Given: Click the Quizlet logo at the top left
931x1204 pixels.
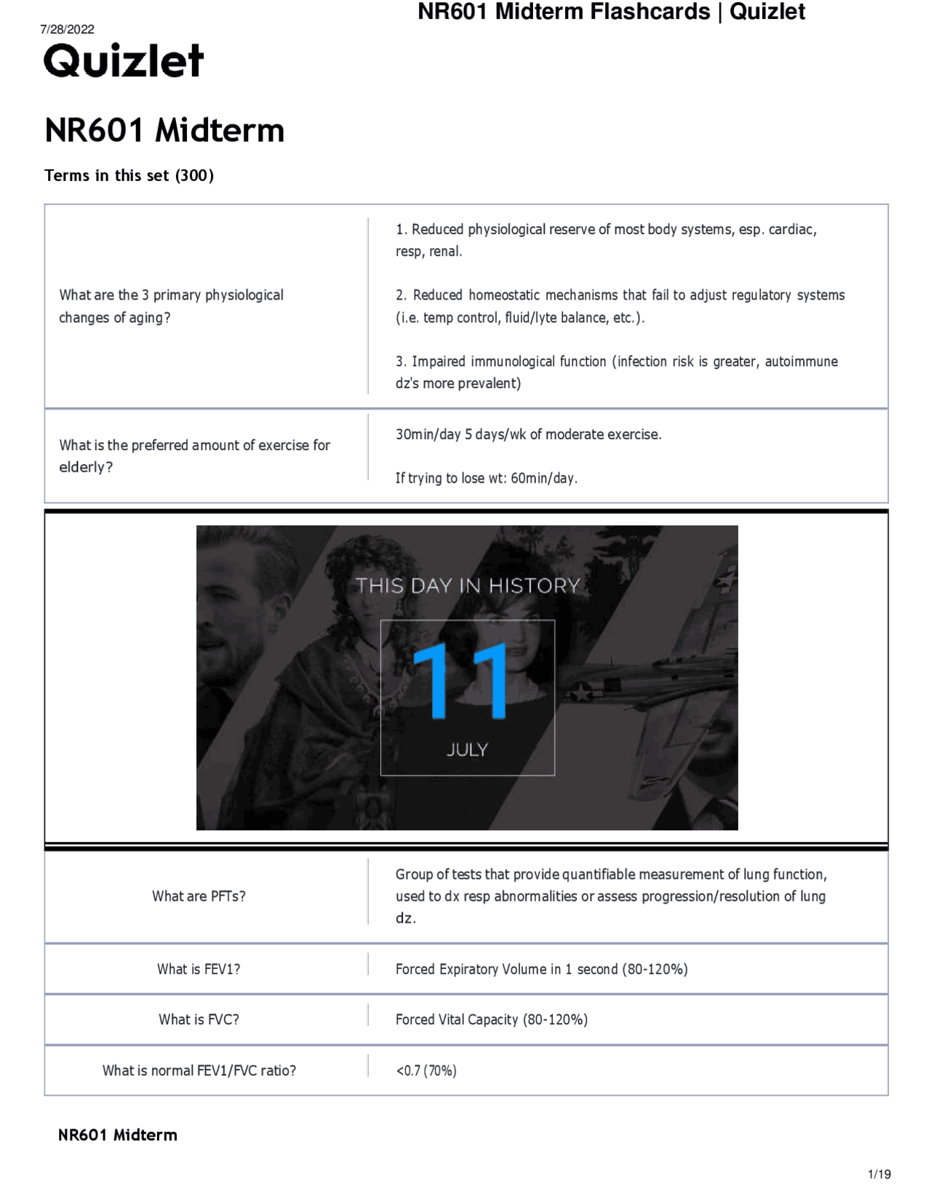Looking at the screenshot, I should click(x=123, y=61).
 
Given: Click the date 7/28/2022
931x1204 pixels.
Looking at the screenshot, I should click(x=67, y=29).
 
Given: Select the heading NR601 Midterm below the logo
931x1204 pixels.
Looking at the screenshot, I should click(x=164, y=131).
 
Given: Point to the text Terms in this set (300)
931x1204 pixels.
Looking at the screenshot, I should click(x=129, y=175).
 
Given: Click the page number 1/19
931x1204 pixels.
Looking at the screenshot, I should click(x=879, y=1173).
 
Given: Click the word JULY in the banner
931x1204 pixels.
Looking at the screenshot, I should click(x=467, y=750).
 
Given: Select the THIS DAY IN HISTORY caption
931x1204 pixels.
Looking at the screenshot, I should click(x=467, y=586).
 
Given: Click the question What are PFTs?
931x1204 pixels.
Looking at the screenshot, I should click(x=199, y=896).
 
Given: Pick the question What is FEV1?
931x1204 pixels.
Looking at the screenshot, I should click(x=199, y=968).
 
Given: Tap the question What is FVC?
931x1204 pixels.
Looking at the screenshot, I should click(x=199, y=1019).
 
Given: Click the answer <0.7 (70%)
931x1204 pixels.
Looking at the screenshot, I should click(x=426, y=1070).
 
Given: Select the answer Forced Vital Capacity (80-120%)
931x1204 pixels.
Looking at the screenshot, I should click(x=491, y=1019).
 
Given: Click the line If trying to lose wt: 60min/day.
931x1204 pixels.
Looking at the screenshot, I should click(x=486, y=478).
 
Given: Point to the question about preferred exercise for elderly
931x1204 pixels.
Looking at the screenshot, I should click(x=194, y=455).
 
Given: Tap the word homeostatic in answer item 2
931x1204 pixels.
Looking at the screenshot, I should click(x=503, y=295).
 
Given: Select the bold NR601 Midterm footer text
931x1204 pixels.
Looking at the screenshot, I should click(x=117, y=1135).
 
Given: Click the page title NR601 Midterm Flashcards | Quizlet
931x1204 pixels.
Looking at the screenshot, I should click(x=611, y=12).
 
